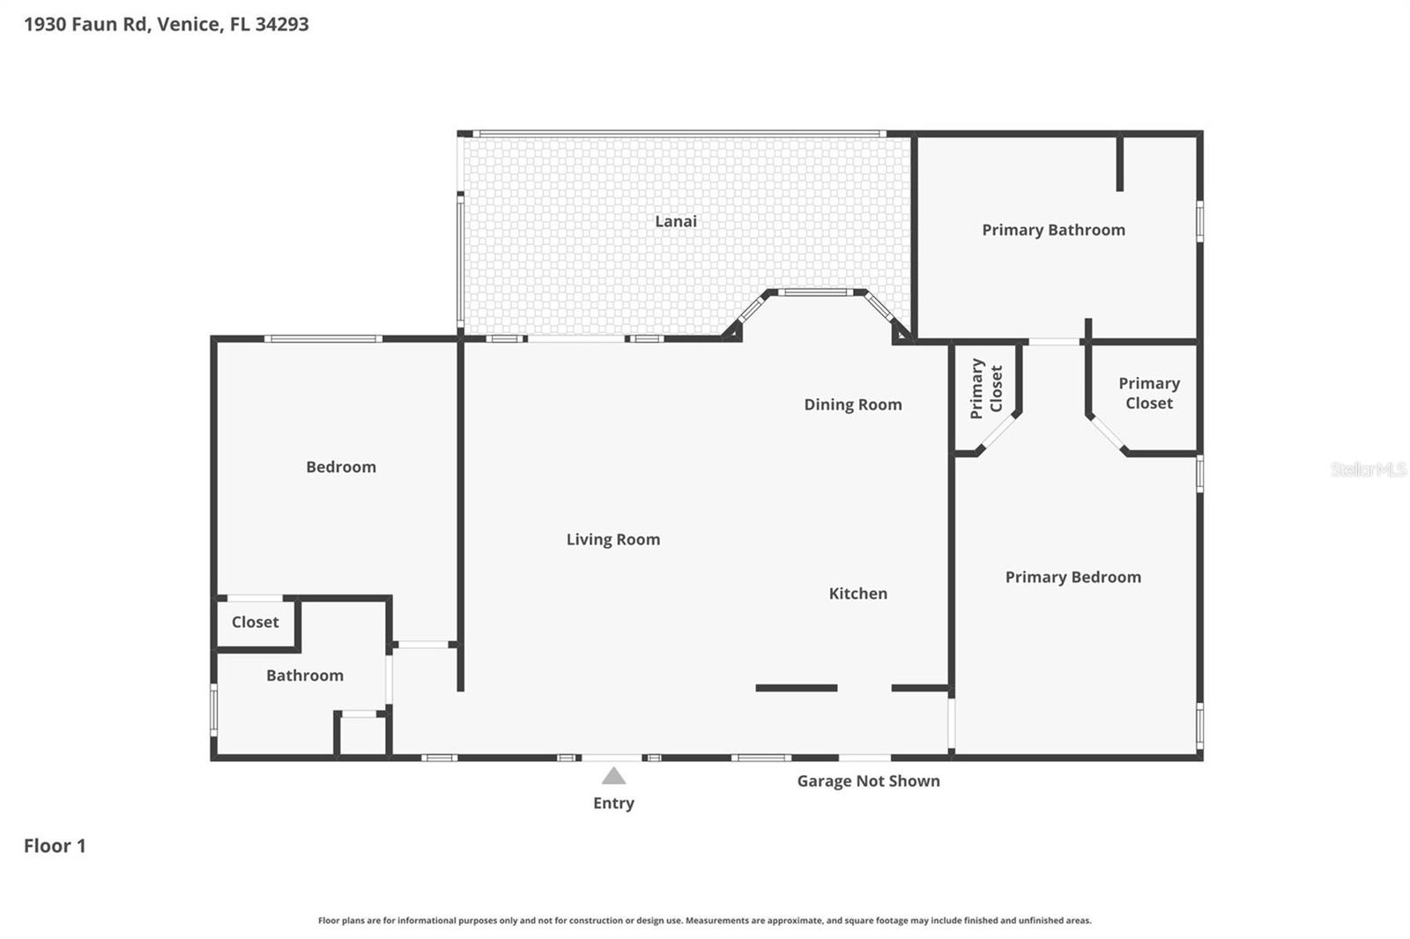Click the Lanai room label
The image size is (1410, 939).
click(x=675, y=221)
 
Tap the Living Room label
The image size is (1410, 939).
click(x=613, y=539)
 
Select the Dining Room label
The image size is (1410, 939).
click(x=853, y=404)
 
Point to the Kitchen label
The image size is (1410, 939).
click(x=858, y=593)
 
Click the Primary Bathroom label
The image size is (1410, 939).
click(x=1054, y=230)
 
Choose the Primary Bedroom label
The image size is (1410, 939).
click(x=1073, y=577)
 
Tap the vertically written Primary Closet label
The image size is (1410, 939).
click(x=986, y=388)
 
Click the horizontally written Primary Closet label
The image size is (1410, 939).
click(x=1149, y=393)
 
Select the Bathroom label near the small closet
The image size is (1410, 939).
click(x=305, y=676)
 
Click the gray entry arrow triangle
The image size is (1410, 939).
click(x=613, y=777)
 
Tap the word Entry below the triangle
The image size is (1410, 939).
click(x=613, y=803)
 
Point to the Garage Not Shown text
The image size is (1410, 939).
click(x=869, y=781)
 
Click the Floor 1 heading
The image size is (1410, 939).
click(x=55, y=846)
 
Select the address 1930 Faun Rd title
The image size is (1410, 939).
click(x=167, y=24)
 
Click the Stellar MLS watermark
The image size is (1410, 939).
click(x=1369, y=469)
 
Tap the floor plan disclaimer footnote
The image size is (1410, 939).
click(x=704, y=921)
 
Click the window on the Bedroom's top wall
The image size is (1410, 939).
click(x=323, y=338)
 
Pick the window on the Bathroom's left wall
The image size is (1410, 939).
click(x=214, y=709)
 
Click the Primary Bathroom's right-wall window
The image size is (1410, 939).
click(x=1199, y=221)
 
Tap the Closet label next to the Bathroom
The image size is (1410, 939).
click(x=255, y=622)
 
